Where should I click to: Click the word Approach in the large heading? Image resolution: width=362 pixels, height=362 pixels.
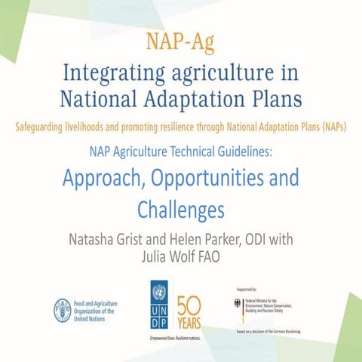pyautogui.click(x=108, y=179)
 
